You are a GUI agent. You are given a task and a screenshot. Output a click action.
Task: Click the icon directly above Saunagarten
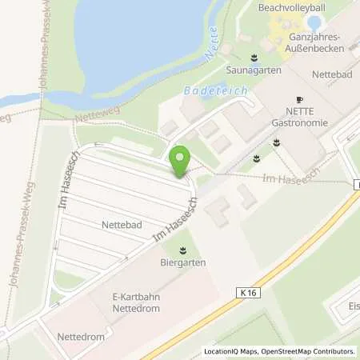[x=254, y=58]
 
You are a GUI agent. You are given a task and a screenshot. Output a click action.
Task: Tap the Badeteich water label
[x=209, y=92]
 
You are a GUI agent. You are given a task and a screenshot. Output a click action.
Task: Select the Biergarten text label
[x=185, y=262]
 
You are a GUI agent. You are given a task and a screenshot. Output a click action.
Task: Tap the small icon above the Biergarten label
[x=185, y=249]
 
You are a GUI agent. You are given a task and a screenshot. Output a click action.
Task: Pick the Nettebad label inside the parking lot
[x=122, y=226]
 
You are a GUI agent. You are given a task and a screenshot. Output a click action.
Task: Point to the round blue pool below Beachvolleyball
[x=314, y=22]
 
